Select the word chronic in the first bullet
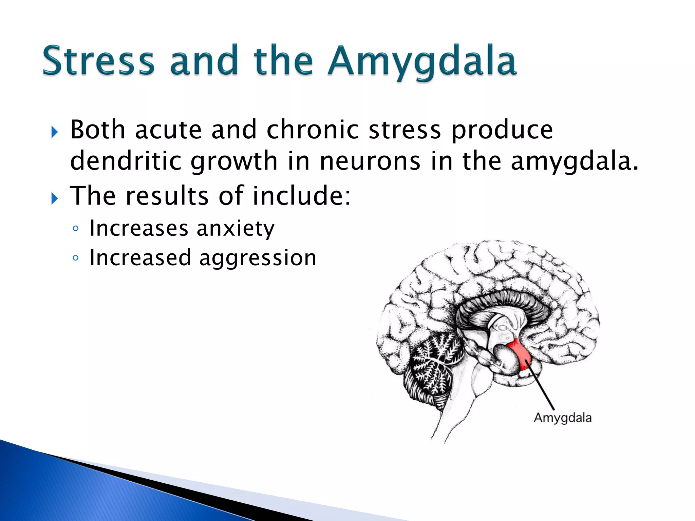pos(313,130)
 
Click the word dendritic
pos(126,161)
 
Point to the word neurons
pos(370,161)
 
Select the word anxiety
pos(236,228)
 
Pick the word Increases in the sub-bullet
pos(138,228)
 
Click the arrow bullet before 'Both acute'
pos(55,132)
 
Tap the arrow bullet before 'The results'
pos(55,198)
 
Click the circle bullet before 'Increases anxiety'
pos(75,229)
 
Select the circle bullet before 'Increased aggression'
pos(75,258)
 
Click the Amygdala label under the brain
pos(562,418)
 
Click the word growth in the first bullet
pos(234,161)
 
